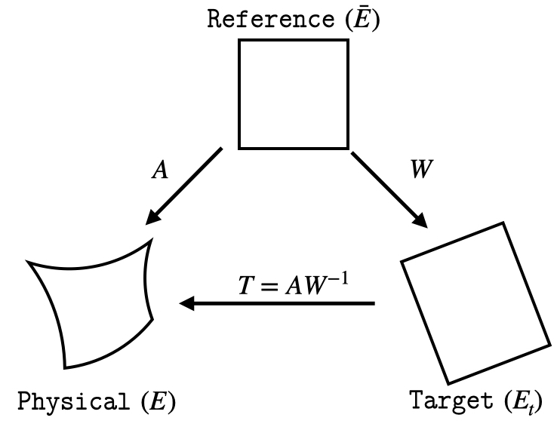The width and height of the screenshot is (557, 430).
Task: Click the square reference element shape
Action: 294,94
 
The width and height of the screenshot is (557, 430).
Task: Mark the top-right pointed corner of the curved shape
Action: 152,240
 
